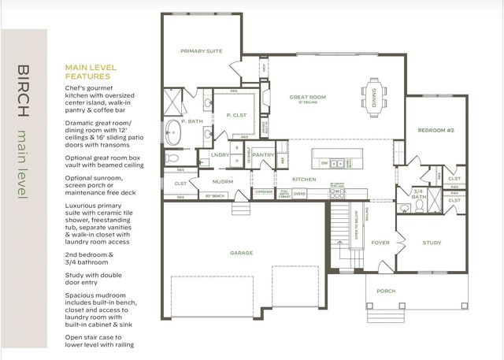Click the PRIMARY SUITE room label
pyautogui.click(x=201, y=51)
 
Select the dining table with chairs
pyautogui.click(x=374, y=92)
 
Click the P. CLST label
pyautogui.click(x=234, y=115)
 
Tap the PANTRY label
pyautogui.click(x=264, y=154)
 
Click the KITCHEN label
pyautogui.click(x=305, y=180)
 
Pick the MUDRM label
pyautogui.click(x=222, y=181)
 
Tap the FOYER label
pyautogui.click(x=380, y=243)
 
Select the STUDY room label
pyautogui.click(x=432, y=243)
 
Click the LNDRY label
pyautogui.click(x=221, y=154)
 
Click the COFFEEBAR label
pyautogui.click(x=263, y=191)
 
